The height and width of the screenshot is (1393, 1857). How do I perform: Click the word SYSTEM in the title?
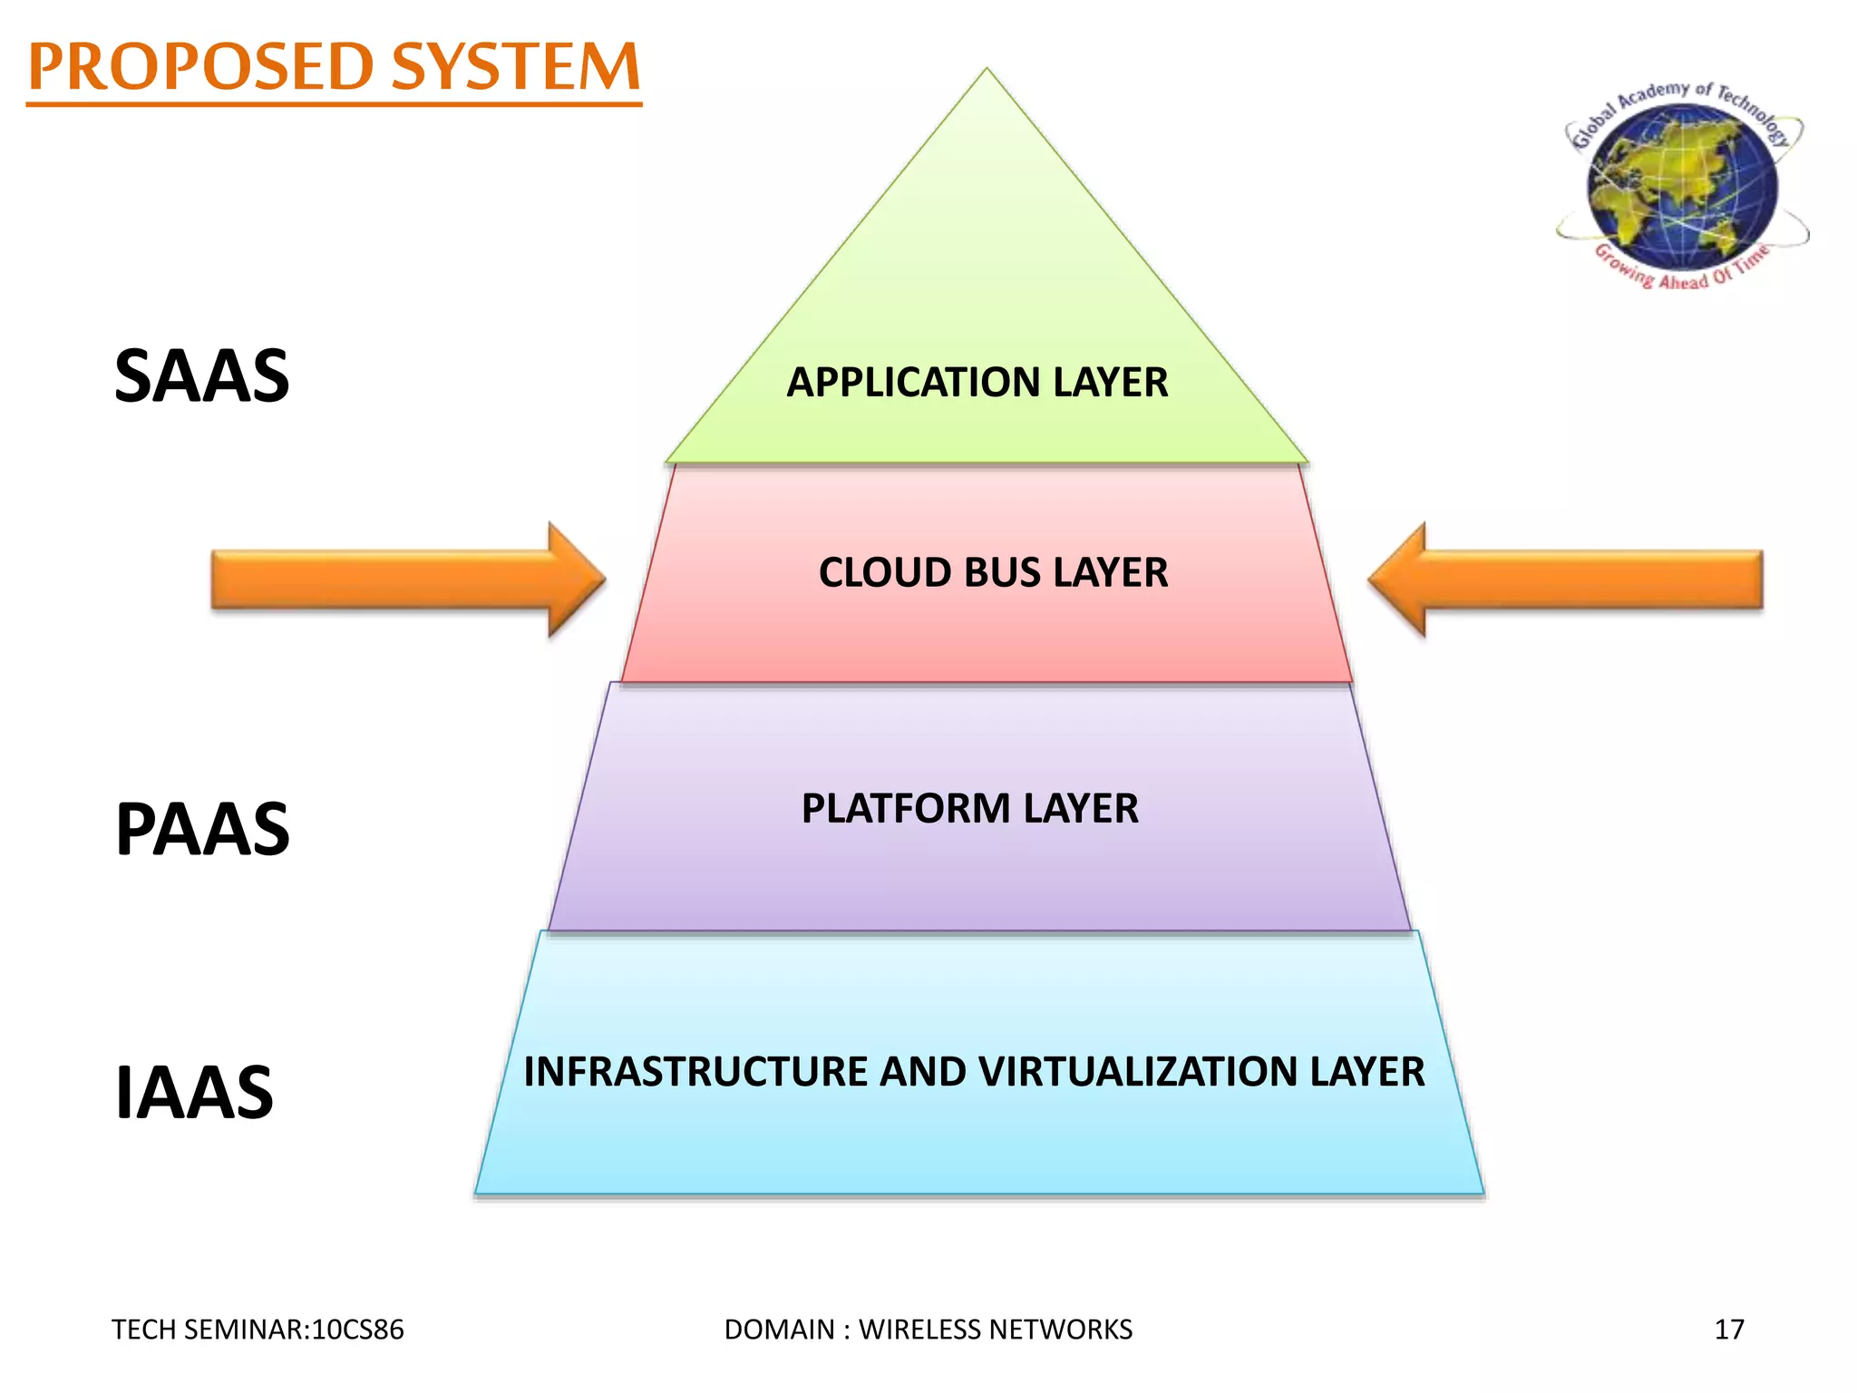516,67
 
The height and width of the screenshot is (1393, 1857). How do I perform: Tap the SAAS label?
201,376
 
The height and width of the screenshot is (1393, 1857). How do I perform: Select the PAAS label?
202,829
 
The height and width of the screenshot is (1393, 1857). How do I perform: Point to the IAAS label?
194,1093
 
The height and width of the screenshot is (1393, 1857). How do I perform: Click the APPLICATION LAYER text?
977,382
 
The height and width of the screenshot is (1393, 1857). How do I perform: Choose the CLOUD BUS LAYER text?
993,572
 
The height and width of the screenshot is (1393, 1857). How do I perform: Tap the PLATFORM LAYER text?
969,808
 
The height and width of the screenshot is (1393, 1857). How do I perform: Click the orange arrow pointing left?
1565,579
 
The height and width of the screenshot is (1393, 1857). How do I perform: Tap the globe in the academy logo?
1683,186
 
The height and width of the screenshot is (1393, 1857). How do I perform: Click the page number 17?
1729,1330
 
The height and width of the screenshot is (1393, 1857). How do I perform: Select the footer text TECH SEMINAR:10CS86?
258,1330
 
